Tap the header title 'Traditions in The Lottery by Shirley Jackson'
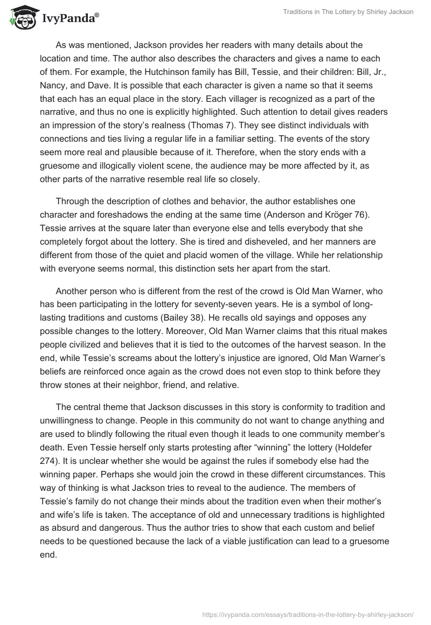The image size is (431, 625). (x=348, y=12)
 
